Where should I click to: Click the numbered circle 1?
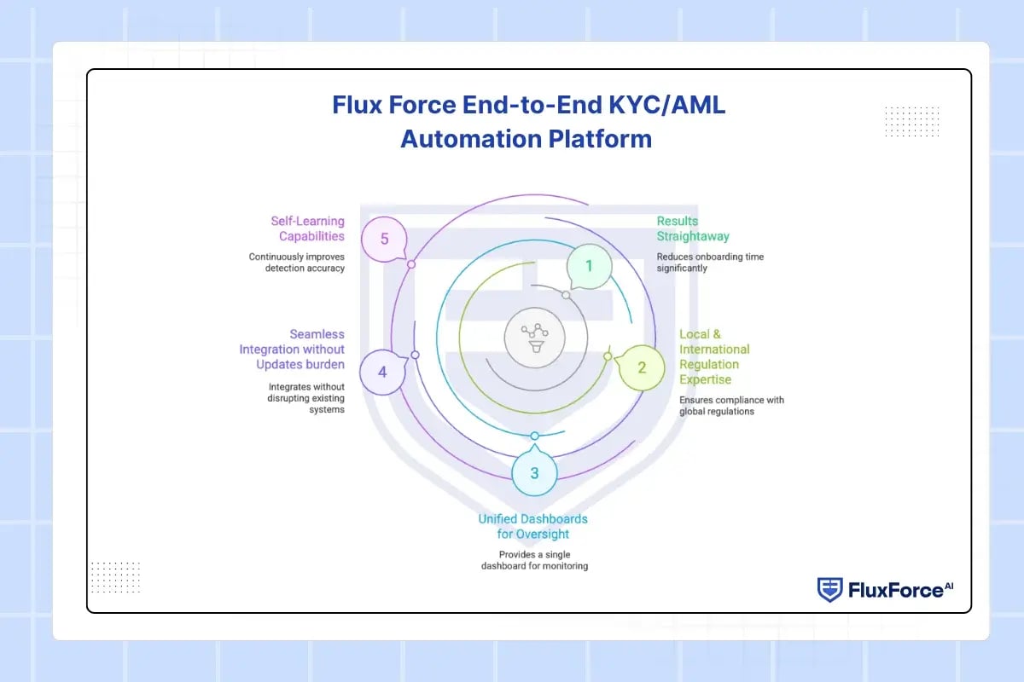(x=588, y=266)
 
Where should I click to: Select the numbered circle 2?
(x=642, y=368)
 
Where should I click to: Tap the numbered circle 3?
(x=534, y=473)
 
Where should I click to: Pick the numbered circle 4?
(x=381, y=372)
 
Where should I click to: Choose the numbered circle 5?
(x=384, y=239)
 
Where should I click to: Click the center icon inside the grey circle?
(x=534, y=337)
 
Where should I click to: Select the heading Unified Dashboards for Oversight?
(x=532, y=526)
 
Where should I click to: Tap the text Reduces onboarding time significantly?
(x=710, y=262)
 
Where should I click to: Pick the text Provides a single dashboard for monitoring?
(x=534, y=559)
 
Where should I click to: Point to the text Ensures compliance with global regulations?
(x=731, y=406)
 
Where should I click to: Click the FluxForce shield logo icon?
(x=829, y=589)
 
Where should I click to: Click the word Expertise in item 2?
(x=705, y=379)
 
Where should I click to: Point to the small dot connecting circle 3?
(x=534, y=436)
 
